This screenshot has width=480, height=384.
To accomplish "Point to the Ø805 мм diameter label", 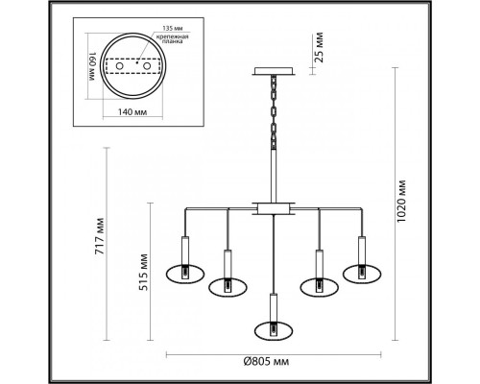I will [269, 363].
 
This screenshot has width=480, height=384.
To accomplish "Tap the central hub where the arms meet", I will [274, 206].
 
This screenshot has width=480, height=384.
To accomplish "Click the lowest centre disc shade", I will [273, 330].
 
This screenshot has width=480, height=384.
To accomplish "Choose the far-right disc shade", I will [364, 273].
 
